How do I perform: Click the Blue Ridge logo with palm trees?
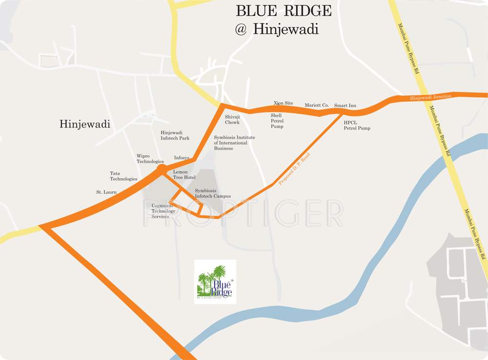[x=215, y=282]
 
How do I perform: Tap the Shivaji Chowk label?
[x=232, y=120]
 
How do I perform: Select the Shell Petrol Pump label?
[x=277, y=121]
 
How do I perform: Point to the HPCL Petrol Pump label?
[x=357, y=125]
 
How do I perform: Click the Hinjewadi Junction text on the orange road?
[x=430, y=97]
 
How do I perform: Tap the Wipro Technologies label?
[x=150, y=158]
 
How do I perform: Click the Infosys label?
[x=182, y=157]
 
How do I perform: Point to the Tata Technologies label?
[x=123, y=176]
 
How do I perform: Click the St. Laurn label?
[x=106, y=192]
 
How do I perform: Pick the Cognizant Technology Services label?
[x=163, y=211]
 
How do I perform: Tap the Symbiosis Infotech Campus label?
[x=213, y=193]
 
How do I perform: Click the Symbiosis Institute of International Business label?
[x=234, y=143]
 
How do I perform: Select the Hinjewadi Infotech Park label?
[x=175, y=135]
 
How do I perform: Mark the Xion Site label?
[x=283, y=103]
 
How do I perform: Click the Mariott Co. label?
[x=317, y=105]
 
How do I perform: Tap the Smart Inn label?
[x=345, y=106]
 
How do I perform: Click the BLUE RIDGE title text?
[x=284, y=11]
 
